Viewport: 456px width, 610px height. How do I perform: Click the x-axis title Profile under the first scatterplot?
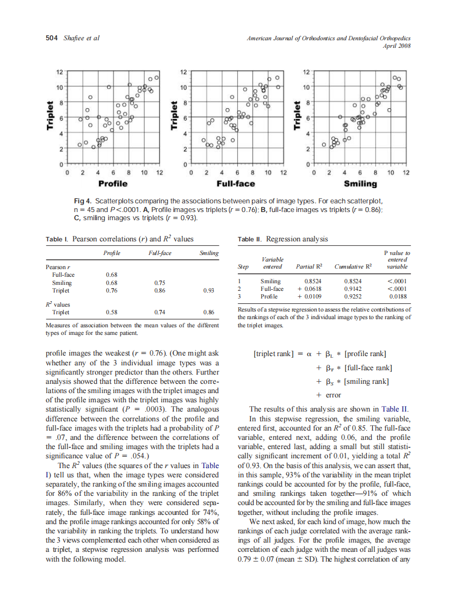click(113, 183)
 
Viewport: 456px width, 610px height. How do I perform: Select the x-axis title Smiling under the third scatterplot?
click(360, 183)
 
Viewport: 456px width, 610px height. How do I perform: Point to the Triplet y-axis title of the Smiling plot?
click(297, 117)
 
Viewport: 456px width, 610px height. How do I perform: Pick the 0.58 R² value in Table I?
click(111, 313)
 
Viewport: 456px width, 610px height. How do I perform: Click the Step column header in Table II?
click(244, 267)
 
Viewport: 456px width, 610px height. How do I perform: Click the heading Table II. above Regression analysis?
click(250, 239)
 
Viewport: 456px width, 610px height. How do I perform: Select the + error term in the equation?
click(328, 395)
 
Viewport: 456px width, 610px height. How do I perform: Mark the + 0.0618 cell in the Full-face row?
click(309, 289)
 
